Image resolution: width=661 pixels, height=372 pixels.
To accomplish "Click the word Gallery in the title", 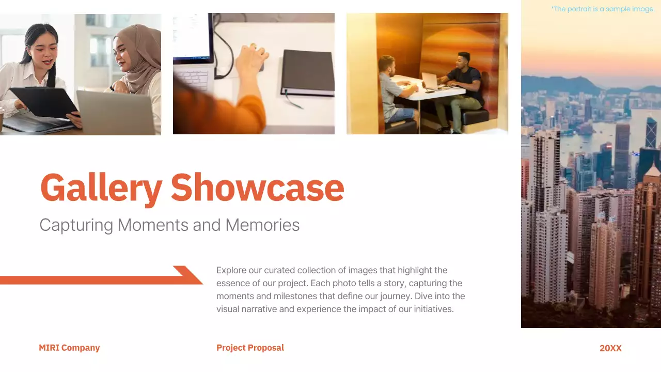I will [x=101, y=188].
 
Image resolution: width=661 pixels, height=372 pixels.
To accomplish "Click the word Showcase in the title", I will [x=257, y=188].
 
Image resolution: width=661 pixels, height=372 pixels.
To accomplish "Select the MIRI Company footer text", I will [x=69, y=348].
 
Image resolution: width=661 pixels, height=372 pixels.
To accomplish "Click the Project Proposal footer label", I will [x=250, y=348].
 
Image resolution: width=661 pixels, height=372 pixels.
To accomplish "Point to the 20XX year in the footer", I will [x=610, y=348].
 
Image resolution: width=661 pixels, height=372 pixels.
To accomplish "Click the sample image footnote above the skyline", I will [x=603, y=9].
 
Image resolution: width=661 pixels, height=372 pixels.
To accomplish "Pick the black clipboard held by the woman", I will [x=43, y=102].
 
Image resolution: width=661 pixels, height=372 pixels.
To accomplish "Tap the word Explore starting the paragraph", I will [x=231, y=270].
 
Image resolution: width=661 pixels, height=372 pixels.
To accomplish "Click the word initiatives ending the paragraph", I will [x=428, y=309].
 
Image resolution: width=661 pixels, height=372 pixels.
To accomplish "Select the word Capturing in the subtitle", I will [x=76, y=225].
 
